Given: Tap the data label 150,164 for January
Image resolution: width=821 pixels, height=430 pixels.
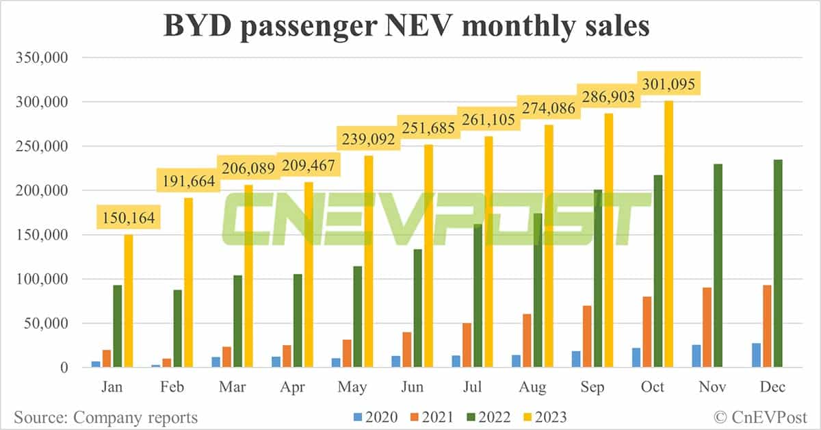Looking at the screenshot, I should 129,219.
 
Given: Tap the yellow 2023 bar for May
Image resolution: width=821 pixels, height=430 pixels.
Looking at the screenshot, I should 369,267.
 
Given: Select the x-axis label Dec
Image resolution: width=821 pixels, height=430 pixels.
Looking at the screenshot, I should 772,388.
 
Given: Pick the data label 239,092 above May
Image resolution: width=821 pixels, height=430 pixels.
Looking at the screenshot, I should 369,140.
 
